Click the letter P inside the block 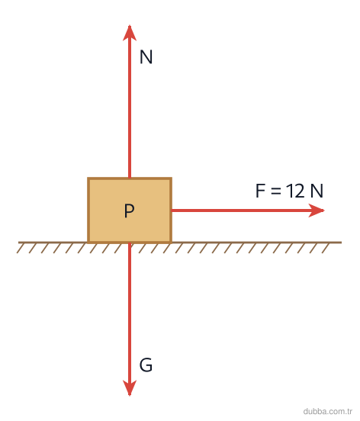129,210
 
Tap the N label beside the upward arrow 146,56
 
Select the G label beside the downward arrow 146,365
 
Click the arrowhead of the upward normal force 130,33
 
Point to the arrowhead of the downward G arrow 130,388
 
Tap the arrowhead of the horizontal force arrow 317,210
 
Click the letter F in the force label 260,191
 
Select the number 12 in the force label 295,191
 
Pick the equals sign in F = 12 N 275,191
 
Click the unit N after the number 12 317,191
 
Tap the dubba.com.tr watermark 327,411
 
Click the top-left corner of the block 88,178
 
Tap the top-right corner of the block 172,178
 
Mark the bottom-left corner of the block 88,243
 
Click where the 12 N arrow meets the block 172,210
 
